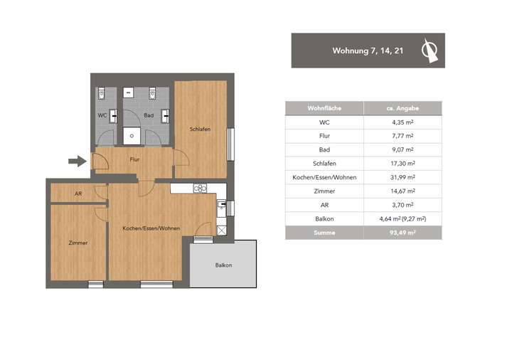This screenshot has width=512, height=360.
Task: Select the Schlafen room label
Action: click(x=199, y=129)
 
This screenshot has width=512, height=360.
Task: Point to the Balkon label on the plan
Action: click(x=223, y=265)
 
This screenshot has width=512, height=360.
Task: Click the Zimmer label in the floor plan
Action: click(x=78, y=243)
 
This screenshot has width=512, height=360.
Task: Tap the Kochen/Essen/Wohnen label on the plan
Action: click(x=151, y=228)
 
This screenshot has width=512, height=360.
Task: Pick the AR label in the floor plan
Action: click(x=78, y=194)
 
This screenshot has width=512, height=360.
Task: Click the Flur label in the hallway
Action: click(x=134, y=159)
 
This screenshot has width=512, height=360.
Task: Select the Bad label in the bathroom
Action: click(x=149, y=115)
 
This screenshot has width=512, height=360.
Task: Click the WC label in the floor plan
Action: click(x=102, y=115)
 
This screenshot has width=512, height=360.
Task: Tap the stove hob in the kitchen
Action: click(x=200, y=189)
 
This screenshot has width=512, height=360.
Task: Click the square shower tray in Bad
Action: click(x=132, y=134)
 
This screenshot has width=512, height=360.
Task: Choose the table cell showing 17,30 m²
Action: click(x=402, y=164)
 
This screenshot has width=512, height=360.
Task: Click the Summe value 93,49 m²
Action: click(x=402, y=233)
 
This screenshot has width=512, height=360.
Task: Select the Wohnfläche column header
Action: click(x=324, y=108)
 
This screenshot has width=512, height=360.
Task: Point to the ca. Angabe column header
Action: click(x=402, y=108)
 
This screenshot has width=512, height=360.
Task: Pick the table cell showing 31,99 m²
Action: click(x=402, y=177)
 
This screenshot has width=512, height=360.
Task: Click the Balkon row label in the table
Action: click(x=324, y=219)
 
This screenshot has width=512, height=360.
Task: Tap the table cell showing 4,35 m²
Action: click(x=402, y=122)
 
